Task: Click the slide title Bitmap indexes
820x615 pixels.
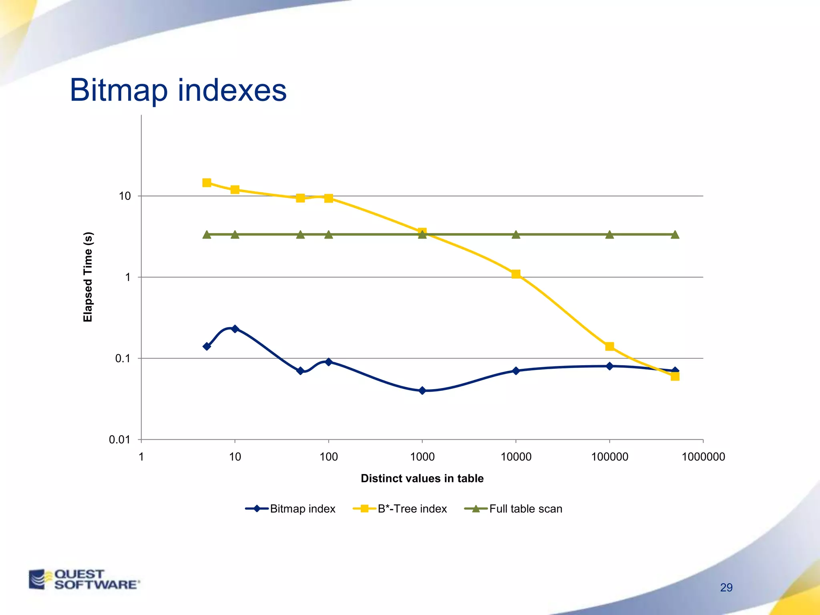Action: point(178,90)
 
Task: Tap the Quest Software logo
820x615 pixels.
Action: point(84,579)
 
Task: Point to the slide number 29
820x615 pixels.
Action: point(726,587)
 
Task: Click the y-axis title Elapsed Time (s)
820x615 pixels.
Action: point(88,277)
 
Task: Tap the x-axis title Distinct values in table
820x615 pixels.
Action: point(422,478)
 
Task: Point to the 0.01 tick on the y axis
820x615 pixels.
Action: point(119,440)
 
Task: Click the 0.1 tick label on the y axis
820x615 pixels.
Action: point(123,358)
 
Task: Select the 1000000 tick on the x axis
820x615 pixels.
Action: point(703,456)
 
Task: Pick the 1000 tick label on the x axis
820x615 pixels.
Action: point(422,456)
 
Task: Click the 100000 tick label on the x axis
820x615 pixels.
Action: point(609,456)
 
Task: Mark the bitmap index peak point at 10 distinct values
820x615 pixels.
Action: point(235,329)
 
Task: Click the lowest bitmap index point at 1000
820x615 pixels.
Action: point(422,390)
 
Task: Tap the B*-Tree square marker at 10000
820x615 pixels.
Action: point(516,274)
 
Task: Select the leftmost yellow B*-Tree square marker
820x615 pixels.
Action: point(207,183)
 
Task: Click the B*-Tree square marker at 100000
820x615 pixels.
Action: point(609,346)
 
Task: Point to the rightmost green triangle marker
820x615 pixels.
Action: point(675,235)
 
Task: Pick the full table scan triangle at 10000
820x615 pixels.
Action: point(516,235)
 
